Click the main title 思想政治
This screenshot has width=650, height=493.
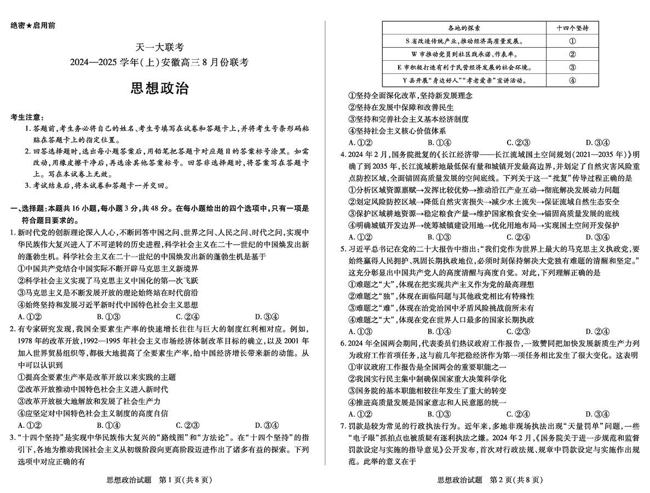160,89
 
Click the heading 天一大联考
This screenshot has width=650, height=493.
160,48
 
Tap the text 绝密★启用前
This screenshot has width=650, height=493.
32,26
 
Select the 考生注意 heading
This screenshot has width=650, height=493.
28,118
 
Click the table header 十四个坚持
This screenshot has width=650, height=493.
572,28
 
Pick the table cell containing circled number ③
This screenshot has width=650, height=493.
572,67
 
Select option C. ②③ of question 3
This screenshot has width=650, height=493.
517,142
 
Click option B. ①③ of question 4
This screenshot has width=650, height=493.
438,237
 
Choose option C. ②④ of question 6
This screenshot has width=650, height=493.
517,414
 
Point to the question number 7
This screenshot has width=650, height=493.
342,426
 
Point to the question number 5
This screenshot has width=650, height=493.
342,248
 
